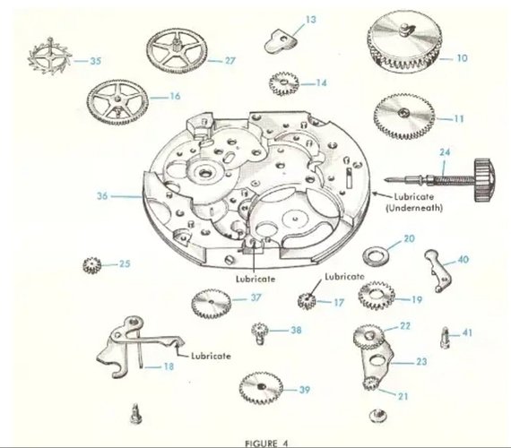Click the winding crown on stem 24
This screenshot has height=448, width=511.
(x=484, y=180)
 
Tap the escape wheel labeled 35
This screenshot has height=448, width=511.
(x=50, y=56)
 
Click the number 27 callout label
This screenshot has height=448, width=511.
(x=230, y=61)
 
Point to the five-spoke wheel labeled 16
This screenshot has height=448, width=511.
(x=117, y=102)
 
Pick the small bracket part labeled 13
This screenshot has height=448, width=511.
(x=281, y=41)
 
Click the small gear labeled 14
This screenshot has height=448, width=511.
(x=284, y=84)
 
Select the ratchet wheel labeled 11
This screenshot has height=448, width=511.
(x=404, y=116)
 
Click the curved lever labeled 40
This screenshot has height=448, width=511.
(x=438, y=269)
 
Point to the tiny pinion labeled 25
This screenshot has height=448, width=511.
(x=92, y=265)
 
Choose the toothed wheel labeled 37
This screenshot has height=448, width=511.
(x=212, y=304)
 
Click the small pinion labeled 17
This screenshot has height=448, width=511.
(x=307, y=301)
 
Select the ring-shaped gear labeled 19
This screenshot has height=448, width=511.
(x=377, y=296)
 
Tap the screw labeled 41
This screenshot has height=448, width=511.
(x=446, y=338)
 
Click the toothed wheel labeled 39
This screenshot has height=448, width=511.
(x=261, y=388)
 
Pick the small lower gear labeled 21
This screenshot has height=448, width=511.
(x=370, y=383)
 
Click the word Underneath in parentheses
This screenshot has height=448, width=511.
(x=414, y=208)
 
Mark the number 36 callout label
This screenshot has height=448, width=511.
(x=102, y=196)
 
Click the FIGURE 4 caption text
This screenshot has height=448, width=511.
(x=266, y=444)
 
